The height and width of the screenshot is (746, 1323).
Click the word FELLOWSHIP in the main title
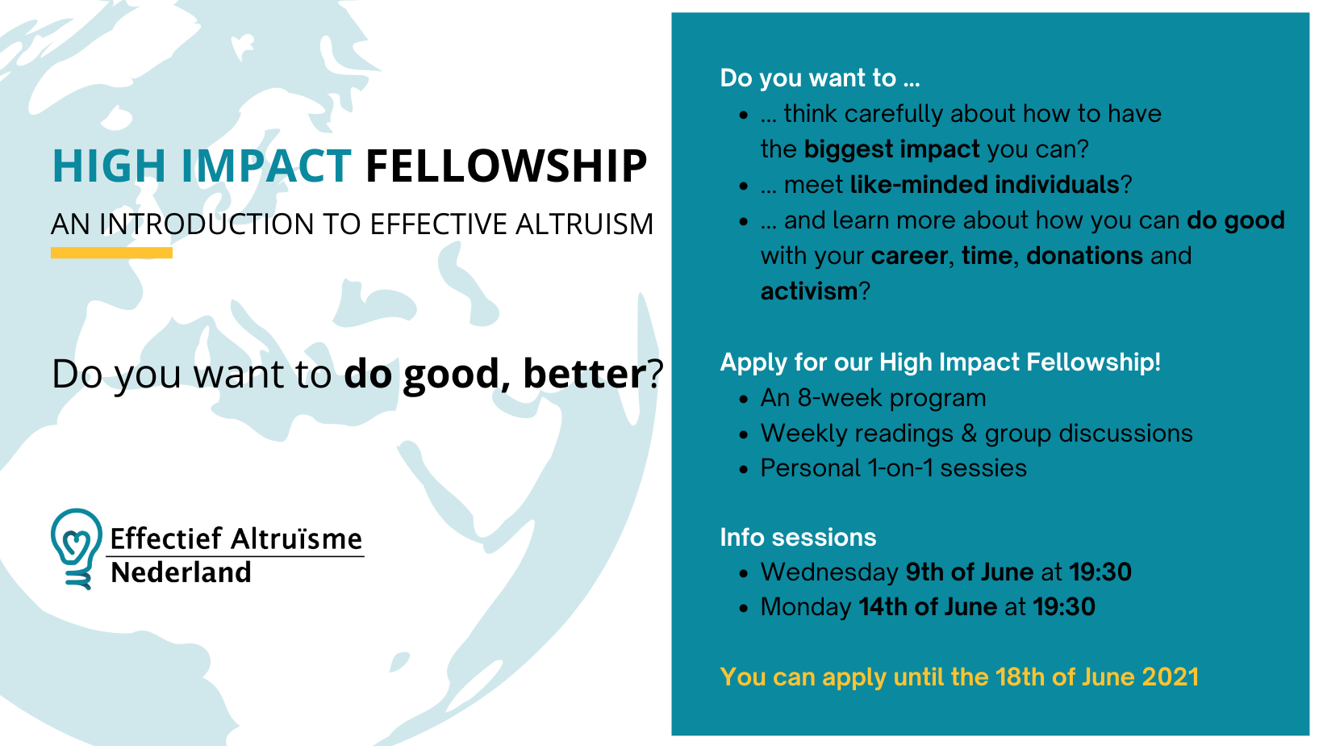(x=506, y=166)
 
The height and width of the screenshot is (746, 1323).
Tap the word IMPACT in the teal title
(x=266, y=166)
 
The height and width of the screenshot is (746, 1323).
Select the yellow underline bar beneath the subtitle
(x=111, y=253)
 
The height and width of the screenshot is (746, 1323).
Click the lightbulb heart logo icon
(x=76, y=548)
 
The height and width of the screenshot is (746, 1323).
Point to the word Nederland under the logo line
(x=182, y=572)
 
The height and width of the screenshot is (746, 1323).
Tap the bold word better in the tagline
(x=585, y=374)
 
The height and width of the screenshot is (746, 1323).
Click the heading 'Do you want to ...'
(x=820, y=78)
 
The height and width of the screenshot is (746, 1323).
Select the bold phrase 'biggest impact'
(x=892, y=149)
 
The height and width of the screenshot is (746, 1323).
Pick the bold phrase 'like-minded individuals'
(x=984, y=184)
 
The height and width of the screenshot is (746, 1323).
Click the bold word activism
(x=808, y=291)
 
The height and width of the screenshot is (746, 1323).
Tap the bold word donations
(x=1084, y=255)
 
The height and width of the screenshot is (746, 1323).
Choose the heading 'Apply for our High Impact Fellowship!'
(x=941, y=363)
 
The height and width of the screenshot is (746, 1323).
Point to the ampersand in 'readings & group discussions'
(x=969, y=434)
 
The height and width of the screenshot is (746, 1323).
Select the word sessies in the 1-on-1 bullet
(x=983, y=468)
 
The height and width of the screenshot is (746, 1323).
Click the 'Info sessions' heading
(x=798, y=538)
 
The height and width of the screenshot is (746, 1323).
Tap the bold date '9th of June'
(x=969, y=572)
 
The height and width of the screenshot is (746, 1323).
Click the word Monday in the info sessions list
(x=806, y=607)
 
